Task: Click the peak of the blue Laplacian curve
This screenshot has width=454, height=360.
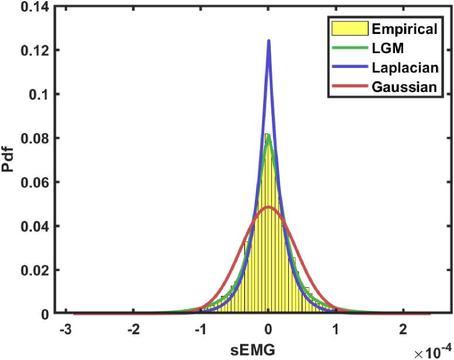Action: (269, 40)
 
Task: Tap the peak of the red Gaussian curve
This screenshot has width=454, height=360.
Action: (269, 207)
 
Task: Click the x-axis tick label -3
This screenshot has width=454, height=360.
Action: (65, 330)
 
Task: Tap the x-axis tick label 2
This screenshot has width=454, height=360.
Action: (403, 330)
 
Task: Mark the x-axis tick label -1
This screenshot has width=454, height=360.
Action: (199, 330)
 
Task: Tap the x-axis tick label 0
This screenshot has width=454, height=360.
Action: (269, 330)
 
